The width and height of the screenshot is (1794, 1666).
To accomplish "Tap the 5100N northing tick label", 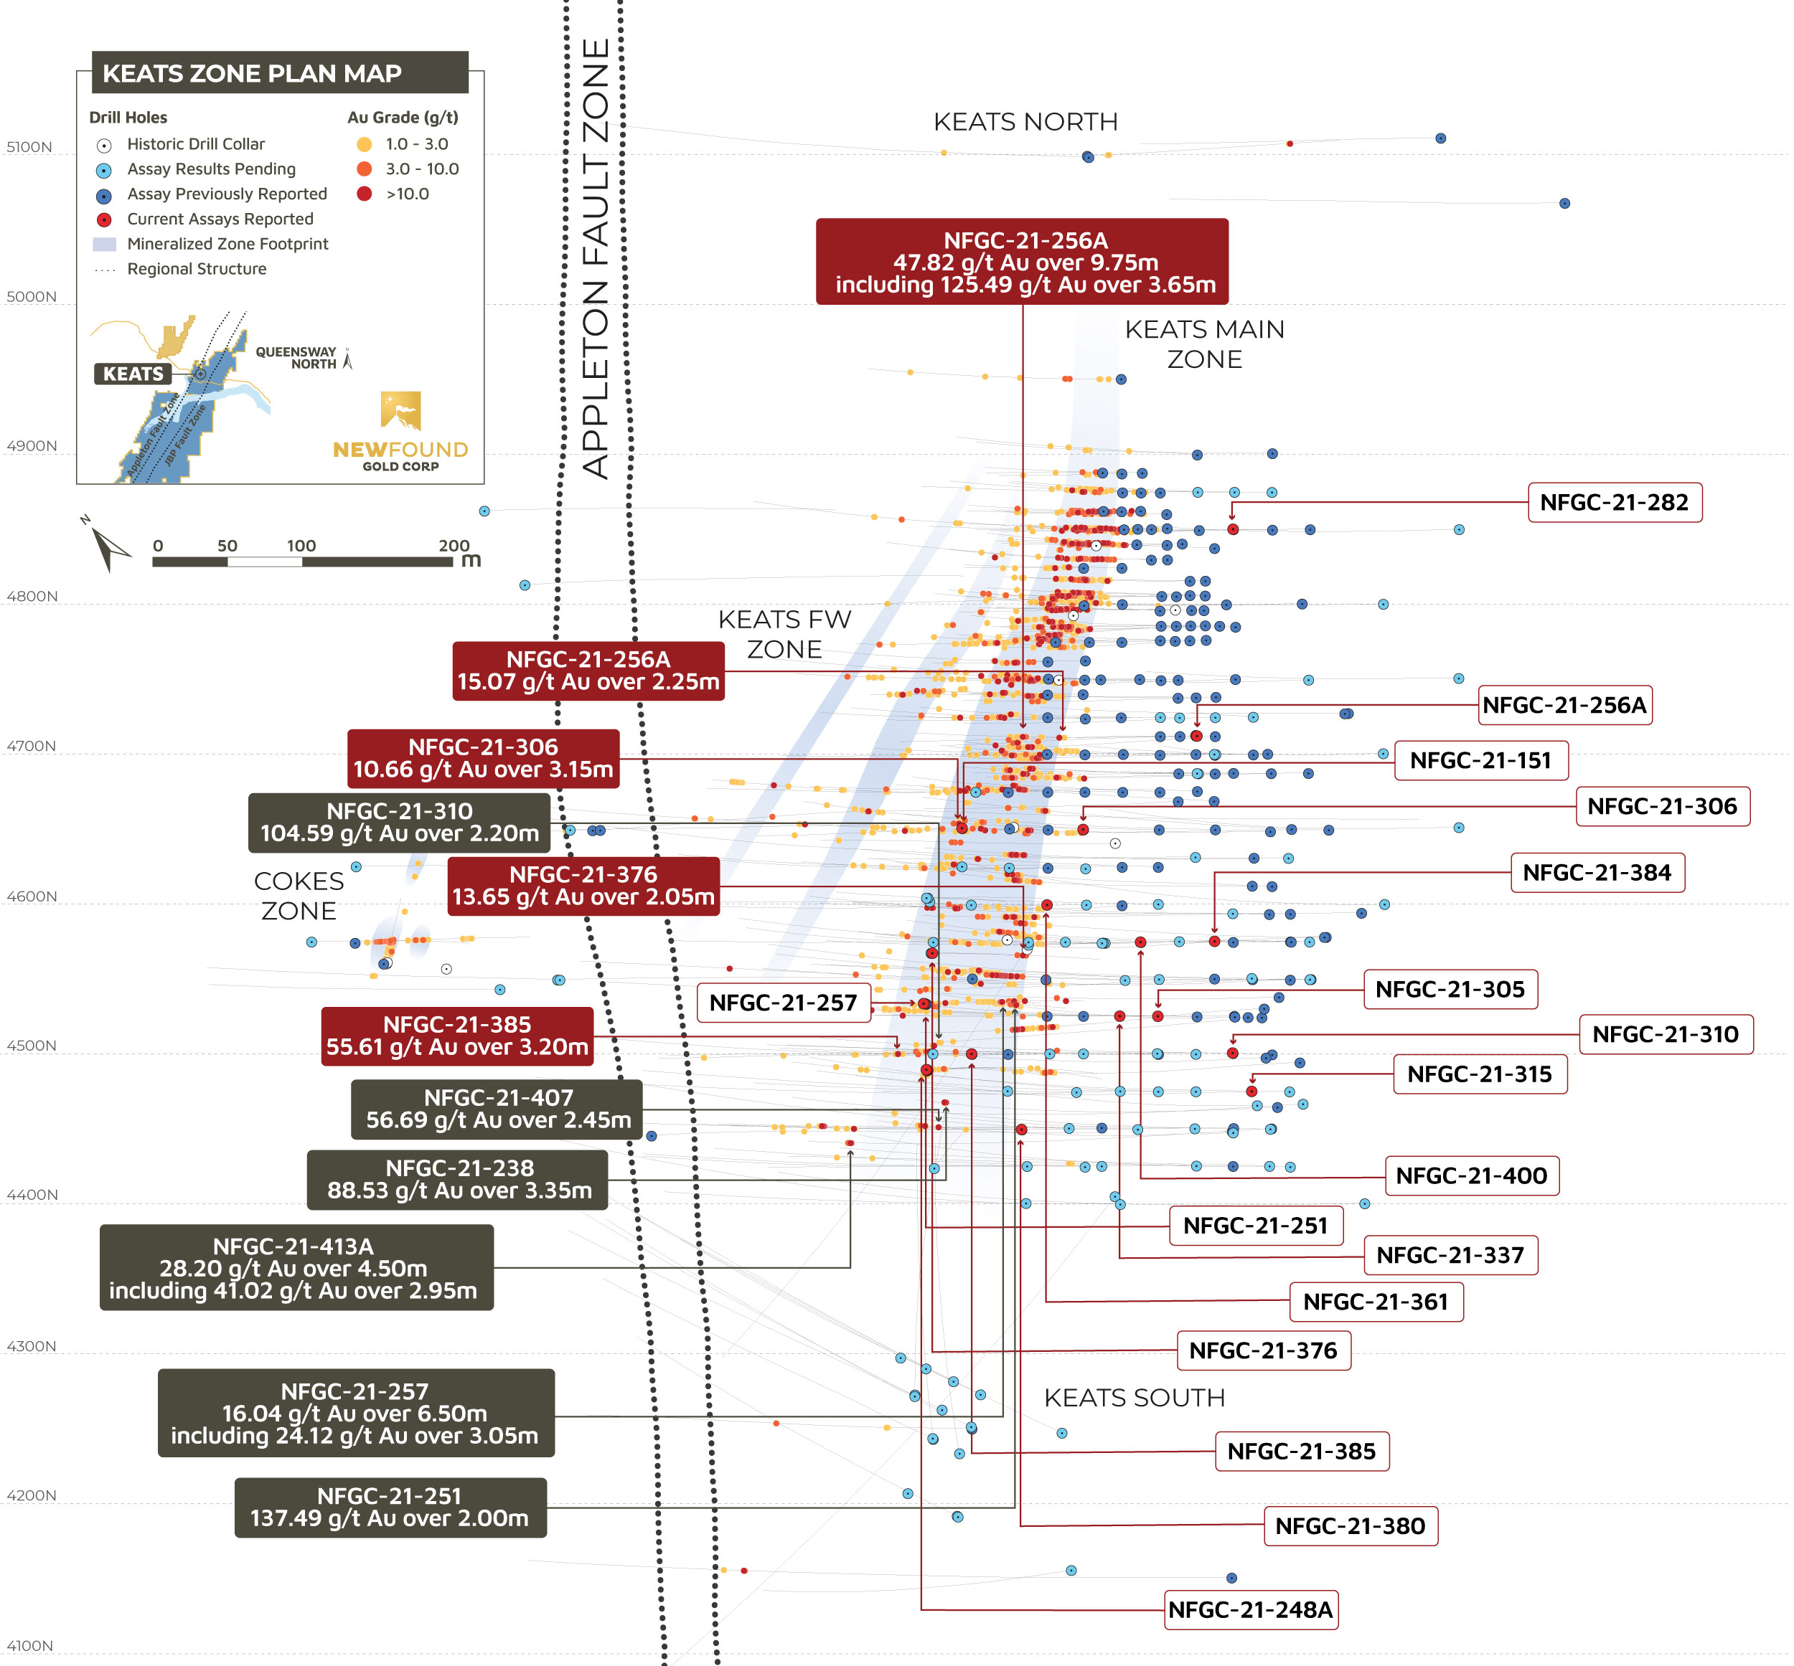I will click(29, 147).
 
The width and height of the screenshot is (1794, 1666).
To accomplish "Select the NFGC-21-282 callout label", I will click(1614, 502).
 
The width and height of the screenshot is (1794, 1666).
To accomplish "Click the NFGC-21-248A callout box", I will click(1250, 1609).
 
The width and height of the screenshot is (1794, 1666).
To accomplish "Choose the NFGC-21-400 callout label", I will click(1471, 1175).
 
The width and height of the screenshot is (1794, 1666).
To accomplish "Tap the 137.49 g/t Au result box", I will click(390, 1508).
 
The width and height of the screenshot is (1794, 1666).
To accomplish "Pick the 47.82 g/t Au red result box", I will click(1021, 262).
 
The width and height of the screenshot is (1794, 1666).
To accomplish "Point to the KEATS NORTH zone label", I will click(1025, 122).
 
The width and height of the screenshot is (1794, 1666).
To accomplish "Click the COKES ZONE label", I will click(299, 895).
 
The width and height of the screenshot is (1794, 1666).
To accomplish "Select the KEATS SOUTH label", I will click(1134, 1397).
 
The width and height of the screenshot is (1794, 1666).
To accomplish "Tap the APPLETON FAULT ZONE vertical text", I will click(596, 257).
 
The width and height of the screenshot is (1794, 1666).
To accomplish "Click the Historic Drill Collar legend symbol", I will click(105, 145).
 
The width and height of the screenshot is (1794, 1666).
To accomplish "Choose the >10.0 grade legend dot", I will click(365, 194).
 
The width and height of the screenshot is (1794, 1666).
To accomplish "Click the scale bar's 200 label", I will click(454, 546).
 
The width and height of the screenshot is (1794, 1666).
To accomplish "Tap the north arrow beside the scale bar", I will click(108, 546).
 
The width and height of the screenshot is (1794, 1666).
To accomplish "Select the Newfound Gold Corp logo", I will click(400, 431).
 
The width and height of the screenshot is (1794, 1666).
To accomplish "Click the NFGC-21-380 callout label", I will click(1349, 1526).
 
